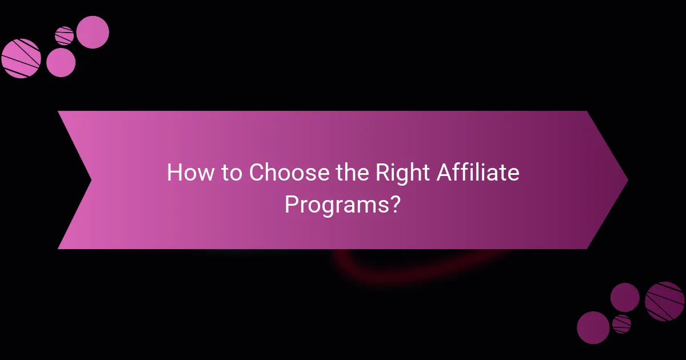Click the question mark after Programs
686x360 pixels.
[393, 204]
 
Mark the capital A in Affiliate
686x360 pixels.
[446, 172]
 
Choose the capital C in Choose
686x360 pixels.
[257, 172]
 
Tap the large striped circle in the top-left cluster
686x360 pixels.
[21, 58]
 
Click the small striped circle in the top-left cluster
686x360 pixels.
[64, 35]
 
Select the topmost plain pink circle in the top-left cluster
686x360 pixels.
[92, 32]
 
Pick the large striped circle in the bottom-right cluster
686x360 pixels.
[664, 301]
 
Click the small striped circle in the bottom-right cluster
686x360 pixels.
[621, 324]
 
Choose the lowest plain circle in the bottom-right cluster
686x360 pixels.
[593, 327]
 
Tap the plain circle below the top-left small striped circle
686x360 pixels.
[61, 62]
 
